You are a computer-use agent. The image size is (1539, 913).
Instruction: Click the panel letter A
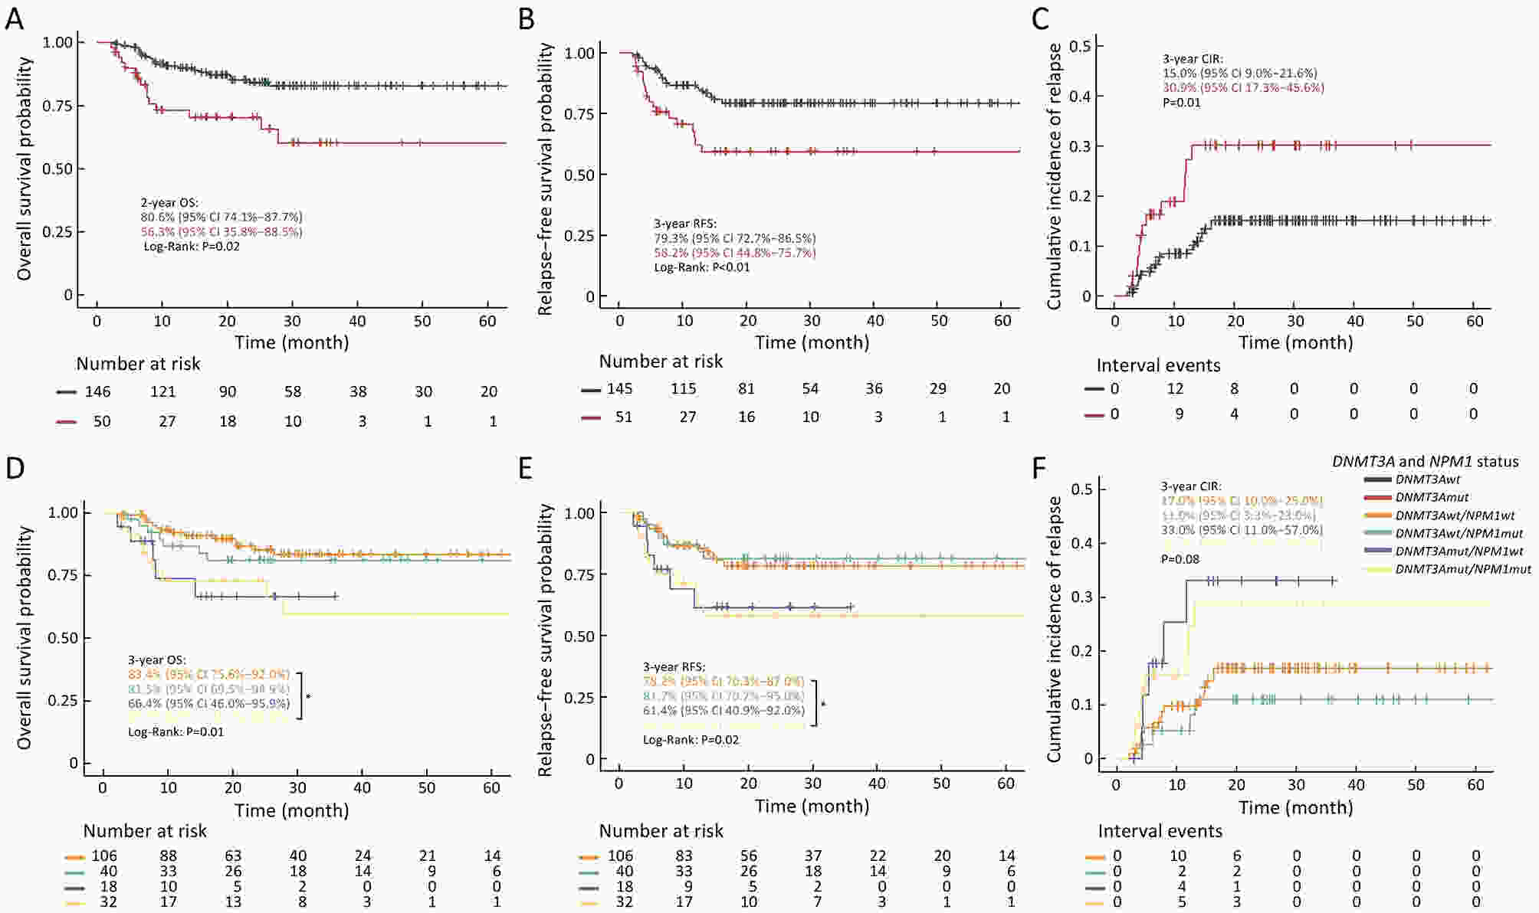(14, 18)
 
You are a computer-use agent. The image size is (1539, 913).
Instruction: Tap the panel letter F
(1039, 467)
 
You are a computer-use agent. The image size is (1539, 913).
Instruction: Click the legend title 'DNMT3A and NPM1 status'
(1425, 461)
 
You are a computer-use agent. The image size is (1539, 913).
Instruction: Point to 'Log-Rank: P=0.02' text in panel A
(192, 246)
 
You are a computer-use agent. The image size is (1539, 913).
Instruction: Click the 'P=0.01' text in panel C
(1182, 102)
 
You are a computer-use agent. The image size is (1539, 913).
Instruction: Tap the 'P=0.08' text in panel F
(1180, 559)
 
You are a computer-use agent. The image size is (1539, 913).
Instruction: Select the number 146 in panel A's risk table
(97, 391)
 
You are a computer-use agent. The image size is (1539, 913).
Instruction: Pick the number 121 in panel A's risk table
(162, 391)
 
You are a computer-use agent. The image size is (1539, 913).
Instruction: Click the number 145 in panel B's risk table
(619, 388)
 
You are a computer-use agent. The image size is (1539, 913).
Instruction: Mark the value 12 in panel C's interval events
(1175, 388)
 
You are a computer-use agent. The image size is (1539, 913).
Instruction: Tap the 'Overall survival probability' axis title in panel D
(25, 637)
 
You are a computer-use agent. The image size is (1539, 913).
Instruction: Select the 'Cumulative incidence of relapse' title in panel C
(1055, 176)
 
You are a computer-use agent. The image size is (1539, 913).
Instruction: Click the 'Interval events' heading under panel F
(1160, 831)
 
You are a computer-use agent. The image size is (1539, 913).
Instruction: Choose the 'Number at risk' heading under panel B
(661, 361)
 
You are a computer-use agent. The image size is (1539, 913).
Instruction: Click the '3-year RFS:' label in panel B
(684, 224)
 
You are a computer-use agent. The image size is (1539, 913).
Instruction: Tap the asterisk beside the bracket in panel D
(308, 696)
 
